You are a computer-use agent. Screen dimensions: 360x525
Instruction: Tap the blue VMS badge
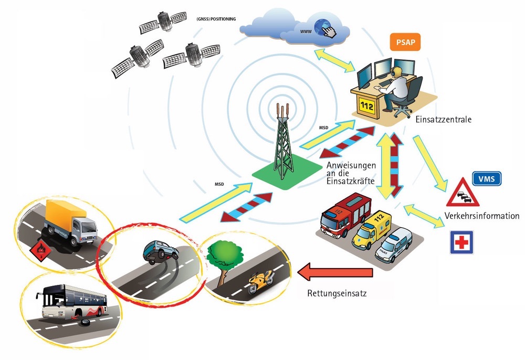[x=487, y=179]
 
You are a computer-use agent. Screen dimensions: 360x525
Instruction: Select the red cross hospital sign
[x=461, y=242]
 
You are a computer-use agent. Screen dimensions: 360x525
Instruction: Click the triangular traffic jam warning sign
[x=461, y=194]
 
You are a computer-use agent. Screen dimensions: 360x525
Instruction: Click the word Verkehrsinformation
[x=481, y=216]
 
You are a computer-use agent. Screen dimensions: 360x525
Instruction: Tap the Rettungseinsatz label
[x=337, y=293]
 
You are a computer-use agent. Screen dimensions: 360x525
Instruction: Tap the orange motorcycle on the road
[x=261, y=282]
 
